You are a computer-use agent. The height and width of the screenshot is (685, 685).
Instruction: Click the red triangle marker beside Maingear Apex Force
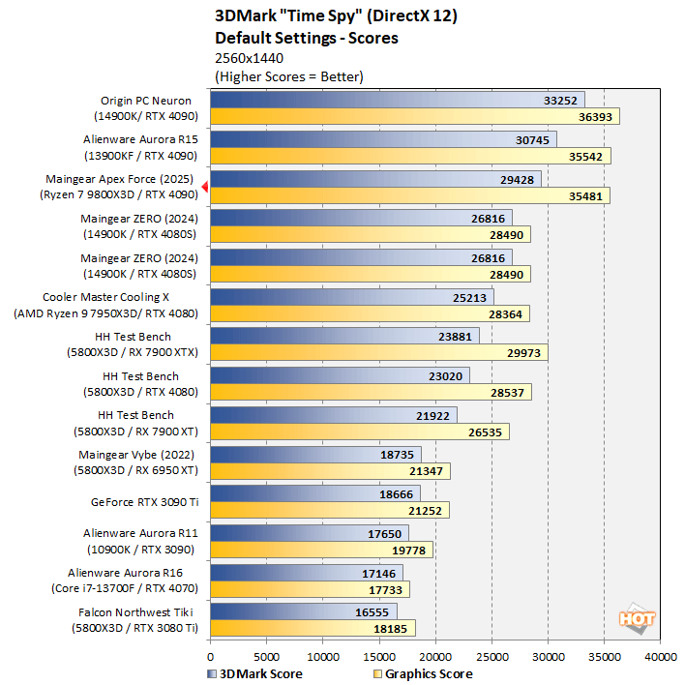(204, 188)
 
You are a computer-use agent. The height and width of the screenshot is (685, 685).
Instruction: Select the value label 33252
(561, 100)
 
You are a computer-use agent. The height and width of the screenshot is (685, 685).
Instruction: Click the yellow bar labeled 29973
(378, 352)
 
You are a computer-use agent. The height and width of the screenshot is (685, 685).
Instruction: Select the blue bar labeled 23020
(339, 375)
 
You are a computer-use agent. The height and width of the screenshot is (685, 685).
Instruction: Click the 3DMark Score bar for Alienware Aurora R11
(309, 533)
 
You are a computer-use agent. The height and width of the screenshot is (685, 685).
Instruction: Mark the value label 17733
(388, 588)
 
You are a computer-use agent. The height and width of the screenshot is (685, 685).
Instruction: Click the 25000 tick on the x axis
(491, 657)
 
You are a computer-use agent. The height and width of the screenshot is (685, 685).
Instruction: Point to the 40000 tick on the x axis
(660, 657)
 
